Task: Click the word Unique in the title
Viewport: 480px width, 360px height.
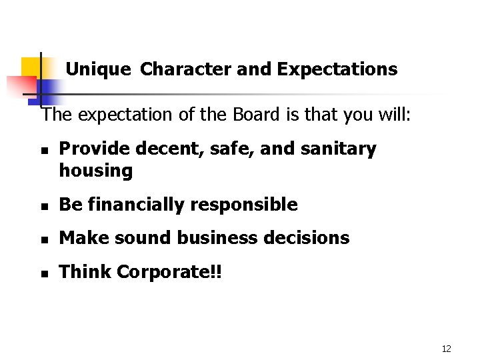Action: click(x=99, y=69)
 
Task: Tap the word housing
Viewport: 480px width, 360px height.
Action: click(x=96, y=171)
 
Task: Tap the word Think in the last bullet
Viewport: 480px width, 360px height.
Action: click(x=85, y=271)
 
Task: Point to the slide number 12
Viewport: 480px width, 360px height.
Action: click(x=446, y=349)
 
